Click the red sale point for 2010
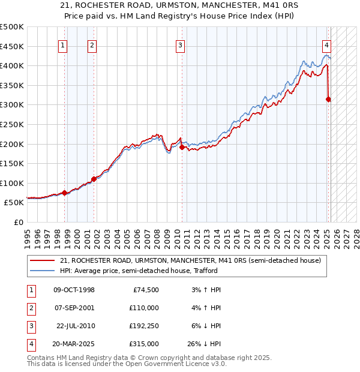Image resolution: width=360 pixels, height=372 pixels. (x=182, y=146)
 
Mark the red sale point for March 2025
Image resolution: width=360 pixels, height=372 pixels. (x=328, y=99)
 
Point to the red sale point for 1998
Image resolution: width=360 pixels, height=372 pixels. (x=65, y=193)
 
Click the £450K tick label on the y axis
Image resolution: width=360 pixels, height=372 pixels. (x=12, y=46)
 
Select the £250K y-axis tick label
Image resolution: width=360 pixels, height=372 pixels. (x=12, y=124)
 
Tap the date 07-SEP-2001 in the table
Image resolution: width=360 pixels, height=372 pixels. (x=74, y=308)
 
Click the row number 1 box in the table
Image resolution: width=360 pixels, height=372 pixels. (x=31, y=290)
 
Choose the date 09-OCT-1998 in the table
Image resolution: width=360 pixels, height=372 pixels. (x=74, y=290)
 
